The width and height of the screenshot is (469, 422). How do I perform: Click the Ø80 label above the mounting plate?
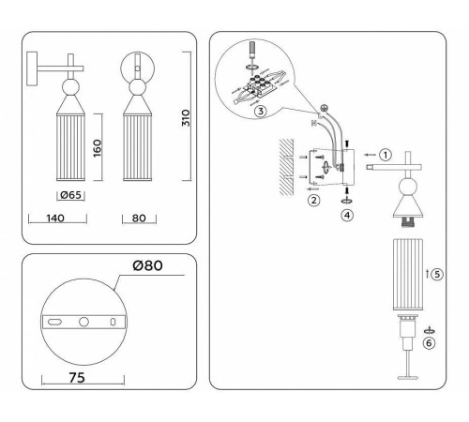[149, 266]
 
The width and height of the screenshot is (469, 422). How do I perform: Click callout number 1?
[385, 154]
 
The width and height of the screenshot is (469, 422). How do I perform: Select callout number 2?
[314, 200]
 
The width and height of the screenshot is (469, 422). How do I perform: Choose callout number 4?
[348, 215]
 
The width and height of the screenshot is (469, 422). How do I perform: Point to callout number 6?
[430, 344]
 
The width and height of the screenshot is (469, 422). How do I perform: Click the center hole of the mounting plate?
[83, 322]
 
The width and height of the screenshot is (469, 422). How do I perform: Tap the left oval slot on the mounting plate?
[54, 322]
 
